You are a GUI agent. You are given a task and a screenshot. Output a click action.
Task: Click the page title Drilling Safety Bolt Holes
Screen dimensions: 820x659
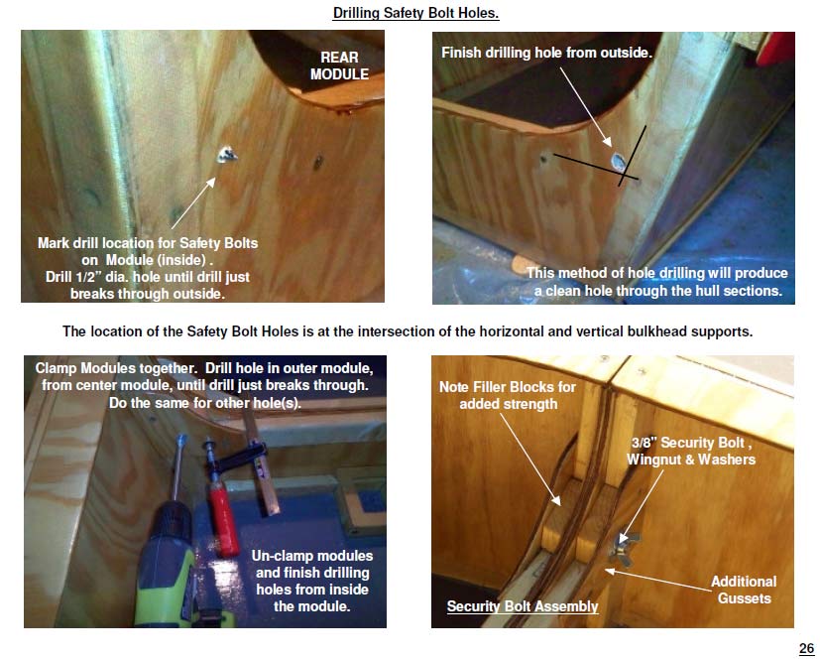coord(415,13)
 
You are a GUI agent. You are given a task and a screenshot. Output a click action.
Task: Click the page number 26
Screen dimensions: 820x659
coord(807,648)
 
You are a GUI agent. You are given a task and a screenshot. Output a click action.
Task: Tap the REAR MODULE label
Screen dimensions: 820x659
coord(339,66)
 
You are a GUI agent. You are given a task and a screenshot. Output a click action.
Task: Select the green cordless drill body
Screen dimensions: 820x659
coord(167,566)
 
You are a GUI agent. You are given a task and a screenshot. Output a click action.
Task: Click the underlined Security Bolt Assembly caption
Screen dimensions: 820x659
coord(523,606)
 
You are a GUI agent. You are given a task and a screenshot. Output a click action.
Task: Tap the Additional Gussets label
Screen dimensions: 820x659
coord(743,590)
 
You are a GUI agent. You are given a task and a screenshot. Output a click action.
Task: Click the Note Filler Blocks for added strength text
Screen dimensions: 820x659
coord(508,395)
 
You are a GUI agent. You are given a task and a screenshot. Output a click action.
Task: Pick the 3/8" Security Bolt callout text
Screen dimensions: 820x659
coord(691,451)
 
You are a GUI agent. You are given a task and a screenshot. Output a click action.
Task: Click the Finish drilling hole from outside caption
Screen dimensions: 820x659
coord(546,53)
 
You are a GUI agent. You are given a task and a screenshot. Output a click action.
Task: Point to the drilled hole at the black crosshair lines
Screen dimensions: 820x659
coord(619,161)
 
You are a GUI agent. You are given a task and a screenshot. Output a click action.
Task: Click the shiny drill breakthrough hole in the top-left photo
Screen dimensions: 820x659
coord(226,155)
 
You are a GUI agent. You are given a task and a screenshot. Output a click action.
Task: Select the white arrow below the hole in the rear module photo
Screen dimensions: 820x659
coord(193,203)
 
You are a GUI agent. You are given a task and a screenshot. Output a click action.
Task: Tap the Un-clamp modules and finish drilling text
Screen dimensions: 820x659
coord(312,581)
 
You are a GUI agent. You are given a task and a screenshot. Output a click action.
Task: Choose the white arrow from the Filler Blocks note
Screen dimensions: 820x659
coord(530,460)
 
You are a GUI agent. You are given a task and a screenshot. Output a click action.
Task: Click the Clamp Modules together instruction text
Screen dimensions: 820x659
coord(204,385)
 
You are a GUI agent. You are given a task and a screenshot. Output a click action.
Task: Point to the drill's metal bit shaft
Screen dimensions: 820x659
coord(178,466)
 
